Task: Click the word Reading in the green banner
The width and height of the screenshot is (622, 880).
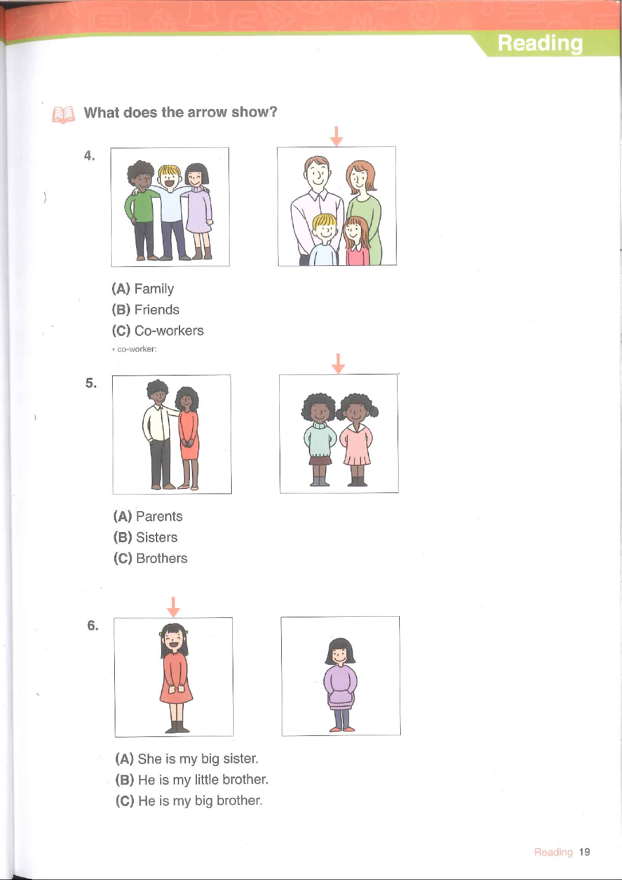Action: (540, 43)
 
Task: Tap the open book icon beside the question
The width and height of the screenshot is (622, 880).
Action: (63, 115)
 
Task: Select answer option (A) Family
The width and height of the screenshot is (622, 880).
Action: (143, 289)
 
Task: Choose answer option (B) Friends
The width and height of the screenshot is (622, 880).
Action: (146, 310)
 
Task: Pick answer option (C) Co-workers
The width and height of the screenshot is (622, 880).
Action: (158, 331)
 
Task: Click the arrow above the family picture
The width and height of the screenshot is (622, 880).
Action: (337, 136)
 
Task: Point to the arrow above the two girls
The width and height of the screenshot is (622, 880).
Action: (338, 363)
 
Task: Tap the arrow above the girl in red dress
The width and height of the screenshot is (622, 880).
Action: (173, 607)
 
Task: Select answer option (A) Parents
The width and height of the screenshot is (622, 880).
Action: (148, 516)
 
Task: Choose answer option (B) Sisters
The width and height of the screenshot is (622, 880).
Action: (146, 537)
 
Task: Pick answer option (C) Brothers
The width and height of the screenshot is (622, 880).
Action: (150, 558)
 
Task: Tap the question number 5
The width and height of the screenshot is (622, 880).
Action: (91, 383)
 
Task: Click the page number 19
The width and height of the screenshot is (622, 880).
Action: (584, 852)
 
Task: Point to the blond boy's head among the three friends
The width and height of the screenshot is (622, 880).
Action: (170, 177)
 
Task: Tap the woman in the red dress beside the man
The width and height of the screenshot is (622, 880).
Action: (188, 437)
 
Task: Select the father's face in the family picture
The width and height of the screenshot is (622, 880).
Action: (317, 173)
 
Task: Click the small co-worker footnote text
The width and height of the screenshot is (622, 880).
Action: (135, 349)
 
